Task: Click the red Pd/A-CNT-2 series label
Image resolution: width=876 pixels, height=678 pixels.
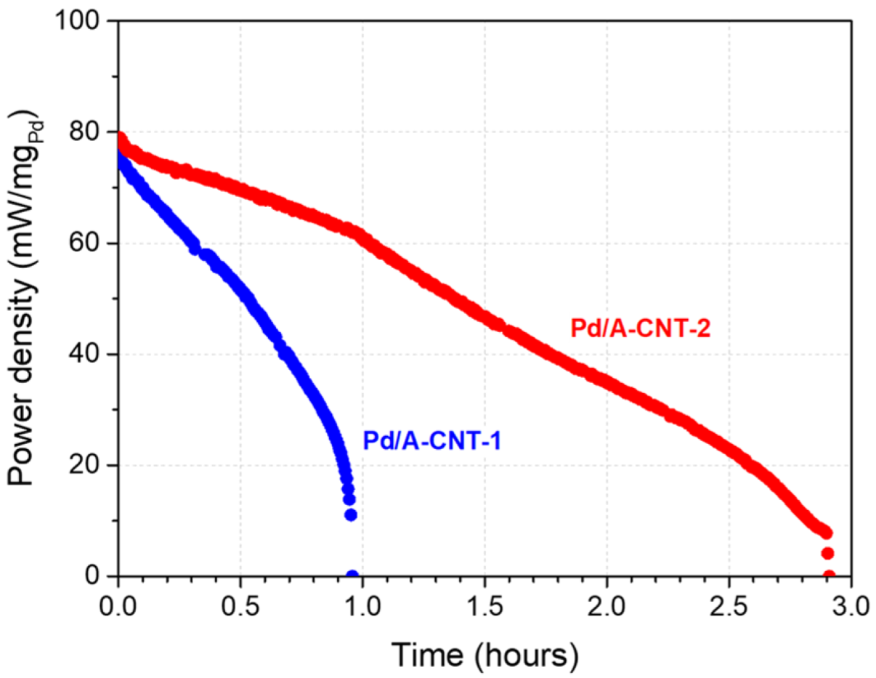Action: tap(640, 329)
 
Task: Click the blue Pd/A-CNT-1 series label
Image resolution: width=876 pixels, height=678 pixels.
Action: tap(431, 440)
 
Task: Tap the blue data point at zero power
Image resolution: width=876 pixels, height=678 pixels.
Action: tap(352, 576)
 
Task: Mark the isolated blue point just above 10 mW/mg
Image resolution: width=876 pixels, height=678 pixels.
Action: tap(351, 514)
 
